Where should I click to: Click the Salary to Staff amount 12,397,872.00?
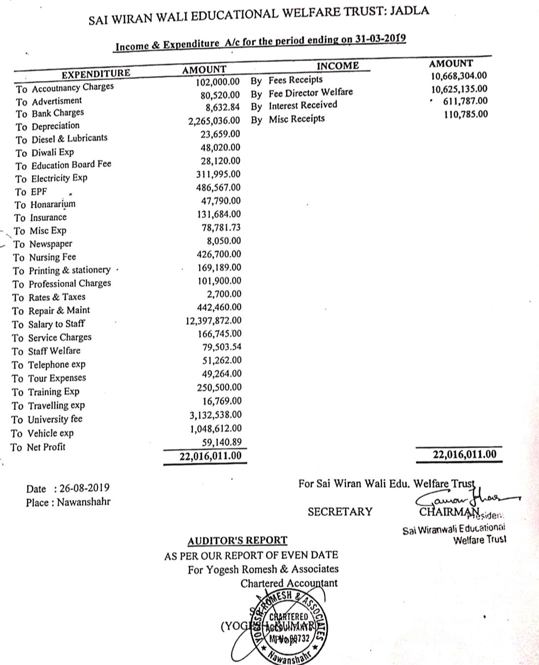(x=213, y=321)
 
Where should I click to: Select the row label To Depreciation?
(x=47, y=126)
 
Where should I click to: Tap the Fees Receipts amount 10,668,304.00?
(x=459, y=76)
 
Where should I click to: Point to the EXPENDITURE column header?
(x=96, y=74)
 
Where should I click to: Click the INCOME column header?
(x=337, y=66)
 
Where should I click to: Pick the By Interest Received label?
(x=294, y=105)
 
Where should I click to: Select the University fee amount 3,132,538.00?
(x=216, y=415)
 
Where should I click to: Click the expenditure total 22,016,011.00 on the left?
(x=210, y=456)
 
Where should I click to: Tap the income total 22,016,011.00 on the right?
(x=464, y=454)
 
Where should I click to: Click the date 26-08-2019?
(x=84, y=488)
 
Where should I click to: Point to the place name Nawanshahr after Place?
(x=84, y=502)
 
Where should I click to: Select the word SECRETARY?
(x=340, y=512)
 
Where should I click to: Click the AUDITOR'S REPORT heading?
(x=237, y=540)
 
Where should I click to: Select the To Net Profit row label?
(x=38, y=447)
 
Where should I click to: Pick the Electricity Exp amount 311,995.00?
(x=218, y=174)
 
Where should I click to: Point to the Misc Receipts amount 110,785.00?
(x=466, y=114)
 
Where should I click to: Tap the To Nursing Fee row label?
(x=44, y=257)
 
